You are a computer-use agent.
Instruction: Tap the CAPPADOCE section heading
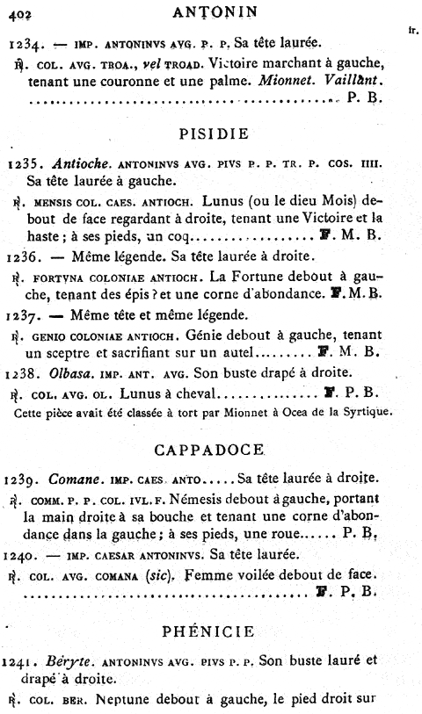click(212, 450)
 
